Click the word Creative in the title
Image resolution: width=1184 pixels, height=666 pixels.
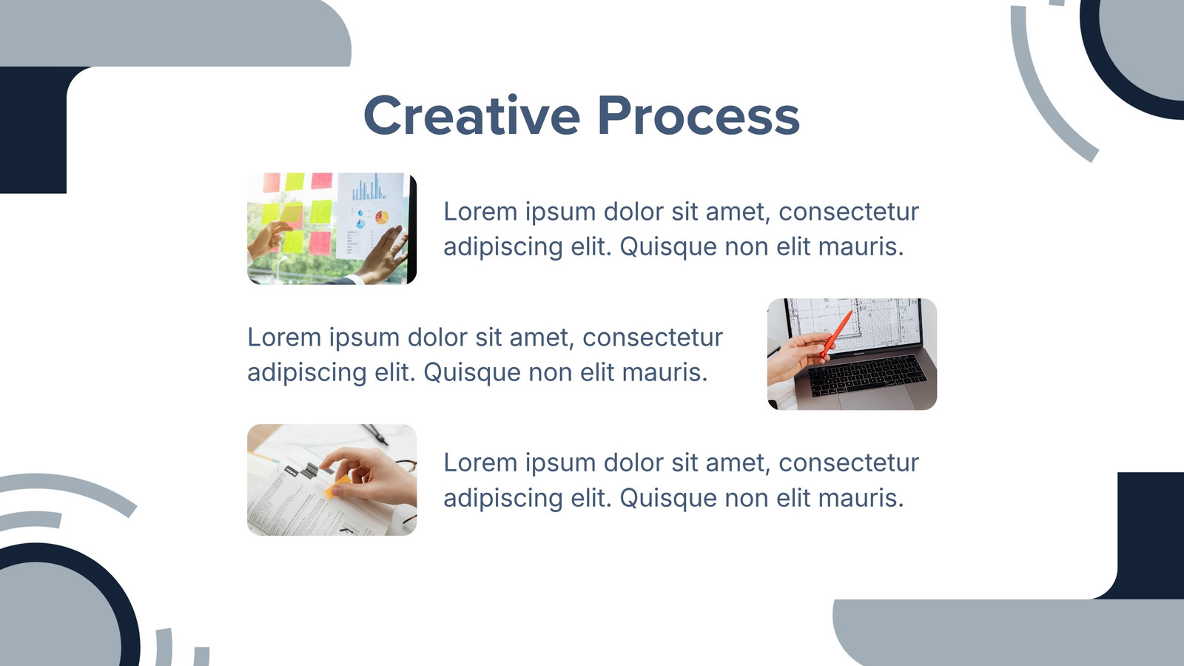pos(472,115)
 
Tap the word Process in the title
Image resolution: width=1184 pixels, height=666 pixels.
pos(699,115)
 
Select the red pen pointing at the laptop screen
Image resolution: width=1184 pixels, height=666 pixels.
pos(836,334)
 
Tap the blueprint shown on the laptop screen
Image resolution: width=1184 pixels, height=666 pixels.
pos(854,323)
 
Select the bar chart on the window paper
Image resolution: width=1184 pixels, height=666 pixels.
pos(369,188)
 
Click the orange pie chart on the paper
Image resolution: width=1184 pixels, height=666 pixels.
pos(382,217)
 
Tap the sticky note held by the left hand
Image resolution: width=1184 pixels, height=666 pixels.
pos(292,214)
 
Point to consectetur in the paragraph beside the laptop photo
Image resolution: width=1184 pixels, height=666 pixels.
pos(653,337)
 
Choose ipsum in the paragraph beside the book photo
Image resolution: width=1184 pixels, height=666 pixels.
pos(560,464)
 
